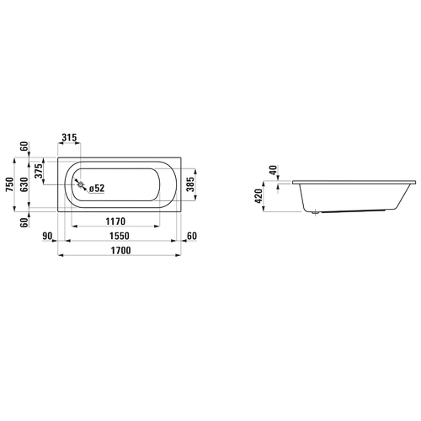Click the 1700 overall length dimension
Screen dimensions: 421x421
(121, 250)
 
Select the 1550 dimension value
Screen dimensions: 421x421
(120, 236)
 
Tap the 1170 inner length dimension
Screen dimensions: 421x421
(115, 221)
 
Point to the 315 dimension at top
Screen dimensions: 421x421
(69, 137)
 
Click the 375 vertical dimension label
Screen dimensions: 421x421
(39, 171)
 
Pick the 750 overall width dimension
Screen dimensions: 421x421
(9, 184)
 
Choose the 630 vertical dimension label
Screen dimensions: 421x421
(24, 184)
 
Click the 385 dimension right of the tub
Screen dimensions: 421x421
(190, 184)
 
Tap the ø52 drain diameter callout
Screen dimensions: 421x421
(97, 189)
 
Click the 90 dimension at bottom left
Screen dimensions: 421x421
(47, 236)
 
